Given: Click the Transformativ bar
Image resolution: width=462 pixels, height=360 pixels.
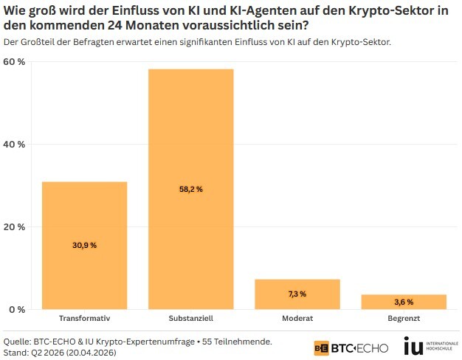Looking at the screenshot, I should (84, 245).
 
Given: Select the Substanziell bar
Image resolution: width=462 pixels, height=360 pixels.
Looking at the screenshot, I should (190, 189).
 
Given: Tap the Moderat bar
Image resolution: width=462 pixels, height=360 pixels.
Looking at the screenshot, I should (297, 294).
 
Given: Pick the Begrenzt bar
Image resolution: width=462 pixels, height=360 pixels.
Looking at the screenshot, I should (404, 301).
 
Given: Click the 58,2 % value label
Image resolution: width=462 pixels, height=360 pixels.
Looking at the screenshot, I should (190, 190).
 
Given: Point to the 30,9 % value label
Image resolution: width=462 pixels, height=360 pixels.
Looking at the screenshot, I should (84, 245).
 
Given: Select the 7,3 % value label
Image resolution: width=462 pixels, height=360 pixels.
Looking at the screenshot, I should (297, 294).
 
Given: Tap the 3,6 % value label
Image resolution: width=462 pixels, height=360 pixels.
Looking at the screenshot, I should (404, 302).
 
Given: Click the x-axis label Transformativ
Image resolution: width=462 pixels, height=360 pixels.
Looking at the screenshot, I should (84, 319).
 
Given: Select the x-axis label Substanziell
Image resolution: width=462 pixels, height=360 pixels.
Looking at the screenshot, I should (190, 319).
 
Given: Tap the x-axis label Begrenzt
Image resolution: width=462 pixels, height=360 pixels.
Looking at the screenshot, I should (404, 319).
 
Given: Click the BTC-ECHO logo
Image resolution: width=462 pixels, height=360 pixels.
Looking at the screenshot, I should (351, 347).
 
